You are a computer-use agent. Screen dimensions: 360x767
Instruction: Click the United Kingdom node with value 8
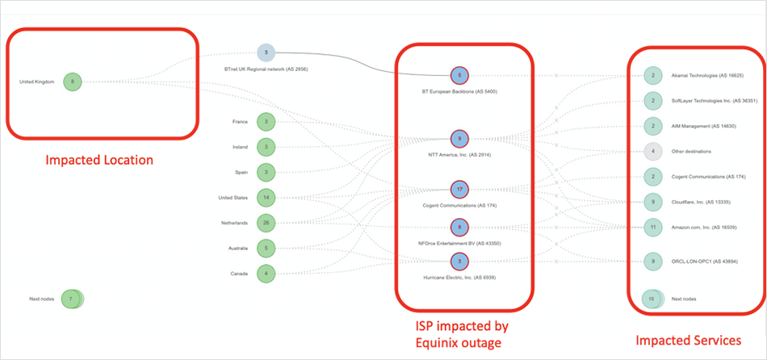tap(73, 82)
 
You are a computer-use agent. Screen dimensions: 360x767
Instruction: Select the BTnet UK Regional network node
tap(266, 53)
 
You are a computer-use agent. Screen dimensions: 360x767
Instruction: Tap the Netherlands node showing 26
tap(266, 222)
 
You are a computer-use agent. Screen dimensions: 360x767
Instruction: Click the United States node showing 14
tap(266, 197)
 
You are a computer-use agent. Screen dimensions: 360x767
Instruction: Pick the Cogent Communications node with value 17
tap(459, 190)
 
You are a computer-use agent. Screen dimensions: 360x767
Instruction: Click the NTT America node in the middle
tap(459, 139)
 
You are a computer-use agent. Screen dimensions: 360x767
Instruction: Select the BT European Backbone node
tap(459, 75)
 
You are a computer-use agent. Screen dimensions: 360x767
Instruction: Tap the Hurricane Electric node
tap(459, 261)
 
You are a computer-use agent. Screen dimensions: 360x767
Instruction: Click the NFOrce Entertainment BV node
tap(459, 227)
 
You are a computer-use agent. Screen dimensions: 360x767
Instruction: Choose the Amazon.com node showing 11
tap(653, 228)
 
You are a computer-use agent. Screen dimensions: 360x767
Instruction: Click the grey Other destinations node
tap(653, 150)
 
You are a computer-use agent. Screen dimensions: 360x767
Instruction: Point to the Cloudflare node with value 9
tap(653, 202)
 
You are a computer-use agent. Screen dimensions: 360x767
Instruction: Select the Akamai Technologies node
tap(653, 75)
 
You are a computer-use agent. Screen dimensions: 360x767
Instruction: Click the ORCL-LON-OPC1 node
tap(653, 260)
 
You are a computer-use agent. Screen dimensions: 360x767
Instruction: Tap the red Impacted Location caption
tap(99, 160)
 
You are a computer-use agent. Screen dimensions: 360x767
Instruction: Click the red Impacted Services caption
tap(688, 341)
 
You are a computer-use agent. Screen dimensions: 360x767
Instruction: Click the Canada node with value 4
tap(266, 273)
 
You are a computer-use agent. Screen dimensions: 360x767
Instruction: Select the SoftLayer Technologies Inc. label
tap(701, 101)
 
